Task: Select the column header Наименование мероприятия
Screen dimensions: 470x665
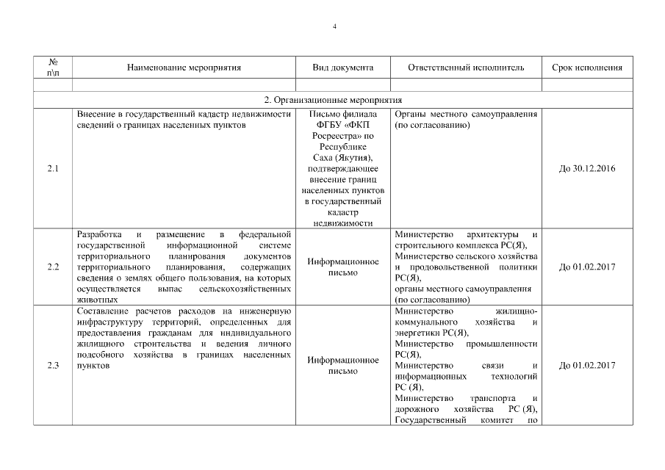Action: coord(184,68)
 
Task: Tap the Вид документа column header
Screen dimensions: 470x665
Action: coord(343,68)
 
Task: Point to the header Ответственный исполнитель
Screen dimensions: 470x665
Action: coord(466,68)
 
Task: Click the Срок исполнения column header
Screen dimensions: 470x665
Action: coord(586,68)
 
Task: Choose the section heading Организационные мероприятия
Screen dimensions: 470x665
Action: coord(333,100)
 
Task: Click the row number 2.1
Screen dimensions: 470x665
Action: coord(53,169)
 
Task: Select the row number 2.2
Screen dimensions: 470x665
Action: coord(53,267)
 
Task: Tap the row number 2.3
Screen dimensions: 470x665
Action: coord(53,366)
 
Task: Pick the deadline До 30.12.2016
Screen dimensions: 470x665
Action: coord(586,169)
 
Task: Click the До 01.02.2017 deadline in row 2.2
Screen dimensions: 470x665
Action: coord(586,267)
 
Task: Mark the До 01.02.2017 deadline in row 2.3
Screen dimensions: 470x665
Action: coord(586,366)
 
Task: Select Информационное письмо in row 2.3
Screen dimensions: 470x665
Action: coord(343,366)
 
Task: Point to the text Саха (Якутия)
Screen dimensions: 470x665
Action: coord(343,158)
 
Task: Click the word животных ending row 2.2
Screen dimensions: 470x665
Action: coord(96,300)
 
